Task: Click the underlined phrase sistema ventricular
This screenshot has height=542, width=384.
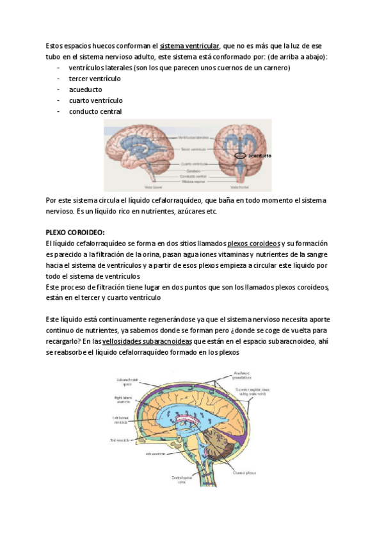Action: tap(189, 46)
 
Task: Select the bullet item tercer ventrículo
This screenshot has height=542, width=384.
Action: tap(95, 79)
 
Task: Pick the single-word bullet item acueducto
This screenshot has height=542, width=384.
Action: tap(85, 89)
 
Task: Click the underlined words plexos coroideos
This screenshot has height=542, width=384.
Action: tap(253, 244)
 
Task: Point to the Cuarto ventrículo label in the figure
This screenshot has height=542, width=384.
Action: tap(195, 164)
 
